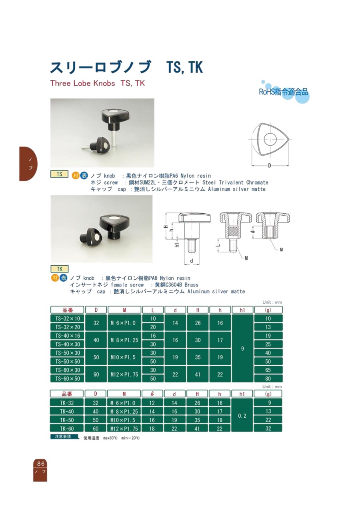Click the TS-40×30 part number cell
pyautogui.click(x=67, y=344)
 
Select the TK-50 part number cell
pyautogui.click(x=67, y=420)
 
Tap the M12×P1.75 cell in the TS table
pyautogui.click(x=124, y=374)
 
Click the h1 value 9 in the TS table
pyautogui.click(x=242, y=349)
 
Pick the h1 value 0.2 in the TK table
pyautogui.click(x=242, y=416)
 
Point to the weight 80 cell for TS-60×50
pyautogui.click(x=268, y=379)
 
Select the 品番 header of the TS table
pyautogui.click(x=67, y=310)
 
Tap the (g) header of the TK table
pyautogui.click(x=268, y=394)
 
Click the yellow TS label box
pyautogui.click(x=59, y=174)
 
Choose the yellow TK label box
pyautogui.click(x=60, y=269)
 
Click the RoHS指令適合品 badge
pyautogui.click(x=284, y=92)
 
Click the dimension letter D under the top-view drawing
pyautogui.click(x=269, y=166)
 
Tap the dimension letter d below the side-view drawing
pyautogui.click(x=192, y=261)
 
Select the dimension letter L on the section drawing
pyautogui.click(x=218, y=245)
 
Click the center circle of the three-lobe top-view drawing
pyautogui.click(x=270, y=138)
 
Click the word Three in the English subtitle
pyautogui.click(x=60, y=83)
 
